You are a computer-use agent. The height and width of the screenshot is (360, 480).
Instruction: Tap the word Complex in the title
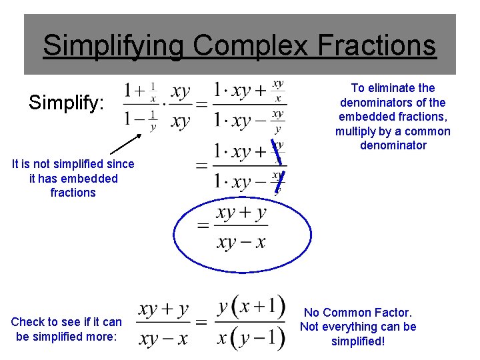coord(251,46)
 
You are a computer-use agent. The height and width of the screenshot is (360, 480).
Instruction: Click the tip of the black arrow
coord(142,135)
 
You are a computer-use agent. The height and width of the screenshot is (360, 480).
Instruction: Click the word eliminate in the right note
coord(398,88)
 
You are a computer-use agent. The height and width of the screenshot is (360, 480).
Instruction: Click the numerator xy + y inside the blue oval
coord(241,213)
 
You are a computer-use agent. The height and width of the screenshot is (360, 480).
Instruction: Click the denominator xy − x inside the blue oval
coord(241,241)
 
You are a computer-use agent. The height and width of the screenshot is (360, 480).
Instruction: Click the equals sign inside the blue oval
coord(203,228)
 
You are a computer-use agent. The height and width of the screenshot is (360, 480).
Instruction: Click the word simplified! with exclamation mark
coord(358,341)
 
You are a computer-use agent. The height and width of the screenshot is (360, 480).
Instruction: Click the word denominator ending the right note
coord(393,145)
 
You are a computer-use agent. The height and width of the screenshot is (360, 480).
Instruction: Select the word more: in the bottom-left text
coord(101,337)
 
